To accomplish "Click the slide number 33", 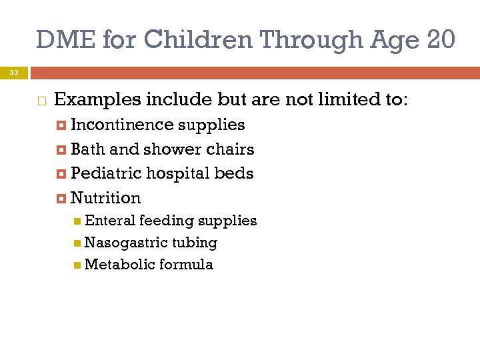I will (x=14, y=72).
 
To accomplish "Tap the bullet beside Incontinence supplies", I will (x=61, y=125).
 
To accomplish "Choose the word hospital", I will (x=177, y=173).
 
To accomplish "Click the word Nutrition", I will (x=105, y=198).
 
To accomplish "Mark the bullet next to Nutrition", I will (x=61, y=198).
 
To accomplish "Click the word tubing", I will (x=195, y=243).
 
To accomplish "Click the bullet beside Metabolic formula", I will (x=78, y=265).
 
